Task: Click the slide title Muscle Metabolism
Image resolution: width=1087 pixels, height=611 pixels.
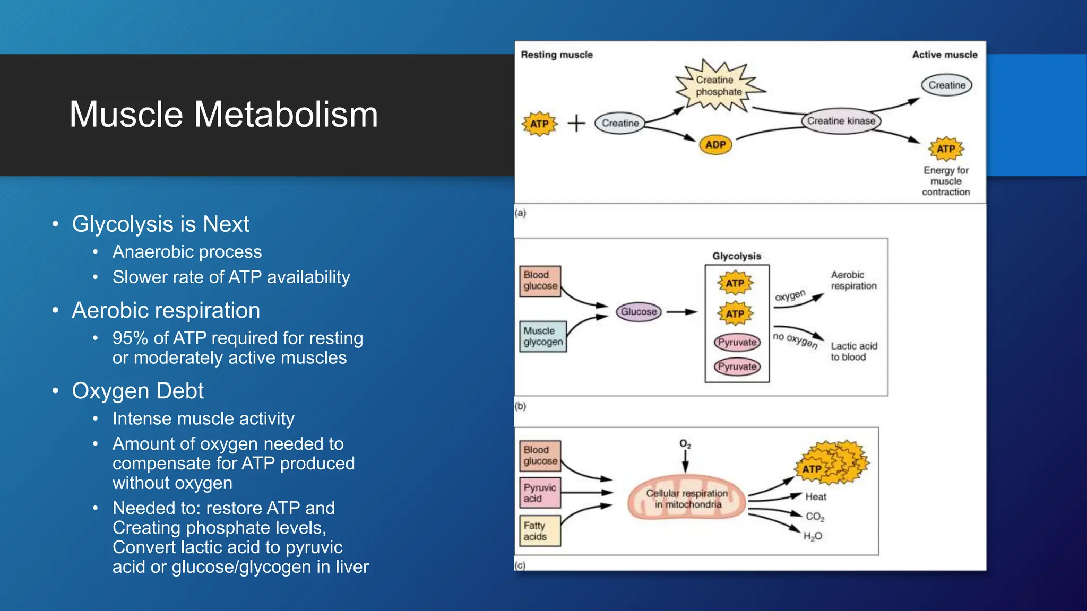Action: [x=223, y=115]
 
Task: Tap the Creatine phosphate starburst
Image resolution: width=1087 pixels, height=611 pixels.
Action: [x=718, y=86]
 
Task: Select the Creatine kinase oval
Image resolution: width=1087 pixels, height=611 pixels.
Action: [x=841, y=121]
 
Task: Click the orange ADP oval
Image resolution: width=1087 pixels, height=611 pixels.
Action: [x=715, y=144]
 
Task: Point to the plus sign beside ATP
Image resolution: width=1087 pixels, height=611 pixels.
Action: [x=576, y=123]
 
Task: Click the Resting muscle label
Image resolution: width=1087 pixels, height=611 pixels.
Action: [x=556, y=55]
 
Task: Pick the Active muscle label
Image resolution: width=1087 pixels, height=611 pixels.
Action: [x=944, y=55]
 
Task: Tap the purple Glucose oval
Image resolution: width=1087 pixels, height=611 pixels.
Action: [x=639, y=312]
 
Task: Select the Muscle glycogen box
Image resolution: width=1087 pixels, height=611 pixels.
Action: [x=542, y=336]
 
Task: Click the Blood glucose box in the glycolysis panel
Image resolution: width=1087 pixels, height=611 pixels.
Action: [x=540, y=281]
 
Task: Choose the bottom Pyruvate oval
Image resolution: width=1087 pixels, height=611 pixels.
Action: [x=737, y=366]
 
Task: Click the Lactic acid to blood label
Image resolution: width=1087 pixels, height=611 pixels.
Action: [x=853, y=351]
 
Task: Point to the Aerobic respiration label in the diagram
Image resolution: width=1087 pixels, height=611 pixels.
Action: [x=853, y=280]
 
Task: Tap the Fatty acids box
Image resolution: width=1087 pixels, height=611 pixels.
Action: [x=539, y=530]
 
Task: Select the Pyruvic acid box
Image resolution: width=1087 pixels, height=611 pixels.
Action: [x=539, y=493]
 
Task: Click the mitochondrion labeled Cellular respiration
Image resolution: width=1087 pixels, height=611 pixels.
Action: [x=687, y=499]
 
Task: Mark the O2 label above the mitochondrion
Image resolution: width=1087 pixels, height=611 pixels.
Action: [x=685, y=443]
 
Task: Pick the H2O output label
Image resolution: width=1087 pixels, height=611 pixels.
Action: [x=812, y=536]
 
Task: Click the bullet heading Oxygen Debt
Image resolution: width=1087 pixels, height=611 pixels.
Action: [x=137, y=391]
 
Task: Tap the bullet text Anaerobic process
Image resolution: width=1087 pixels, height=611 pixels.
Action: [x=187, y=252]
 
